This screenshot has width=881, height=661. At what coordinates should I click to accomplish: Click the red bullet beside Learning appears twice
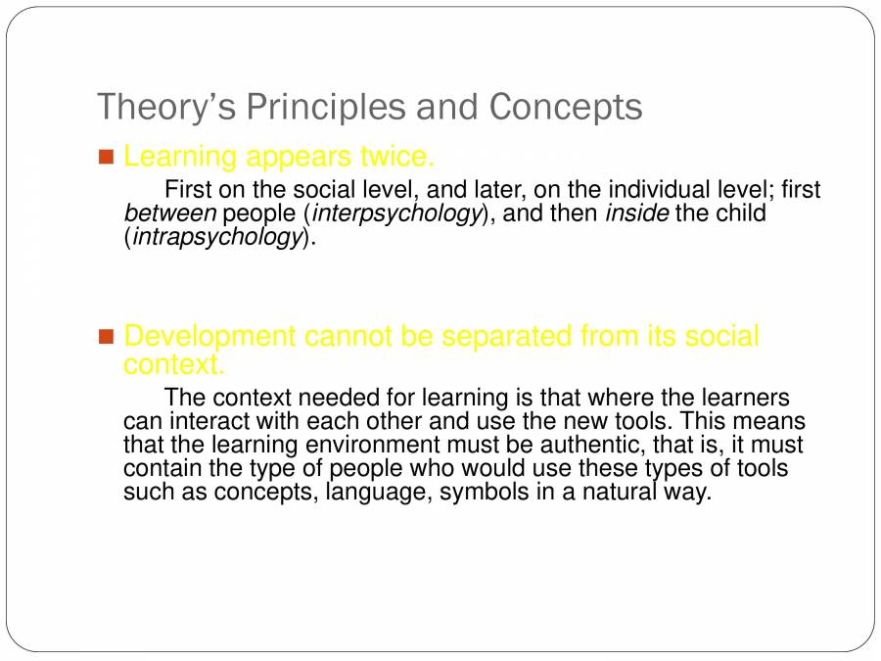pyautogui.click(x=107, y=157)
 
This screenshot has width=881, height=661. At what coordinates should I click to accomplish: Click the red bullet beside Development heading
pyautogui.click(x=107, y=337)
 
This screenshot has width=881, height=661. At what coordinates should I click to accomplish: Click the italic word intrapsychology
pyautogui.click(x=216, y=237)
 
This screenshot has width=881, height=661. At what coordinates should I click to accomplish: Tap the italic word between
pyautogui.click(x=170, y=213)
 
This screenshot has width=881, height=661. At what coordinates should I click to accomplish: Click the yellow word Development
pyautogui.click(x=209, y=337)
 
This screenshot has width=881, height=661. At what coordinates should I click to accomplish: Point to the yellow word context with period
pyautogui.click(x=174, y=364)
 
